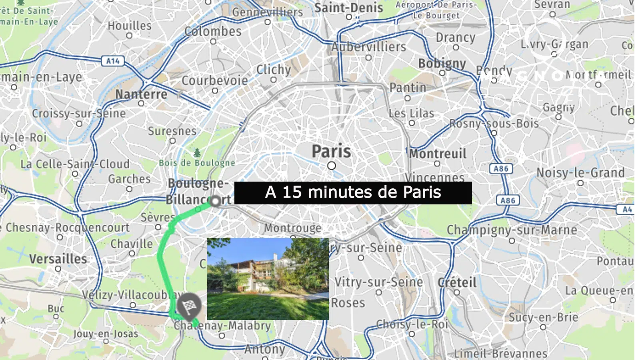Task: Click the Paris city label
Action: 331,151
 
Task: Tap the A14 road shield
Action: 113,61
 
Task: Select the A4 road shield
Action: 627,209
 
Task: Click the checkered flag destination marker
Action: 189,306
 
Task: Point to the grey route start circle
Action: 215,201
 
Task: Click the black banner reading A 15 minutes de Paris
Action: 353,193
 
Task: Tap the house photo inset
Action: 268,279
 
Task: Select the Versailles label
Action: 58,259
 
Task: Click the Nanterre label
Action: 141,94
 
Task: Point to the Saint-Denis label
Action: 348,8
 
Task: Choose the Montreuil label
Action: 438,154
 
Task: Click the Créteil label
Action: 457,282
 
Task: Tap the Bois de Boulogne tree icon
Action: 197,153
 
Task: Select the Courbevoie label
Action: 215,80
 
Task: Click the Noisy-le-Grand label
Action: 580,173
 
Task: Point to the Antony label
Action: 265,349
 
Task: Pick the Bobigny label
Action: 442,64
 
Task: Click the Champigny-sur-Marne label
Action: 512,230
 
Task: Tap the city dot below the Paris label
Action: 331,166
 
